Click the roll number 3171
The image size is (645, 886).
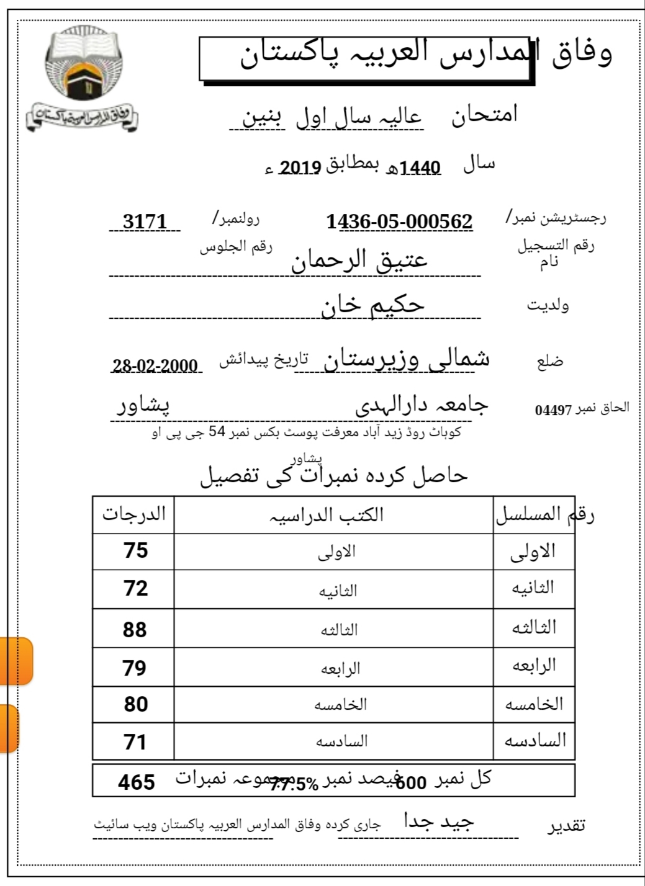pos(145,221)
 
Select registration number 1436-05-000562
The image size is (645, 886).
pos(399,221)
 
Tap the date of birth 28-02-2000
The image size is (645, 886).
pos(155,365)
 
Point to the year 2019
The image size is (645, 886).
pos(300,168)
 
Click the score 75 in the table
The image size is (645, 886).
pos(135,550)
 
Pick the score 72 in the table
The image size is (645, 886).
pos(135,588)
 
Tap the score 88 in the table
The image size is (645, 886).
pos(135,629)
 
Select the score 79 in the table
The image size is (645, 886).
pos(135,668)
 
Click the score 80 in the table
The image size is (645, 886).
pos(135,704)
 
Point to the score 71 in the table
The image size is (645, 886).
pos(135,741)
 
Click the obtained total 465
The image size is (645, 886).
pos(137,782)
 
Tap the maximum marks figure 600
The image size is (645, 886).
pos(411,783)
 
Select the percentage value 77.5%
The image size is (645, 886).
pos(294,785)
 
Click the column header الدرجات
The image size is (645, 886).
pos(134,514)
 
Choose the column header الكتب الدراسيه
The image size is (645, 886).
pos(327,515)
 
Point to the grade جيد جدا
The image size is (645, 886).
pos(439,822)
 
